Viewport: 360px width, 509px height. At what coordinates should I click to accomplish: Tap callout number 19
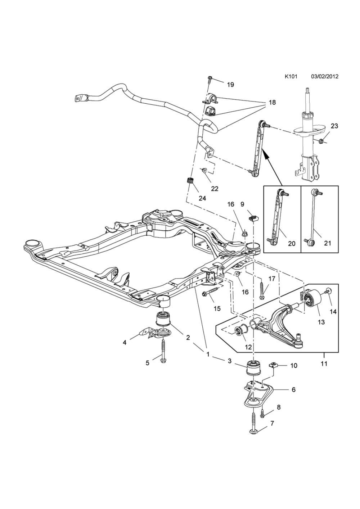[230, 85]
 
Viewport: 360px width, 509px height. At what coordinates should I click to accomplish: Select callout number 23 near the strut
[334, 126]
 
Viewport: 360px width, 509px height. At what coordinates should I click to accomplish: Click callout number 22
[215, 188]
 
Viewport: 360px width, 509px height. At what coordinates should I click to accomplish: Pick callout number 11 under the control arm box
[324, 364]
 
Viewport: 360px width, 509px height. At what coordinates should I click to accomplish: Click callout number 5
[147, 363]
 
